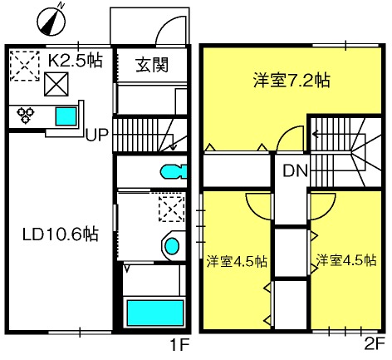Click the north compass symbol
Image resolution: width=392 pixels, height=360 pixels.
(x=51, y=21)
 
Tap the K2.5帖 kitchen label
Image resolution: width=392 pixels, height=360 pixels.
(x=76, y=61)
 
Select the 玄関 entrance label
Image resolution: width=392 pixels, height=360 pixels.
(x=152, y=66)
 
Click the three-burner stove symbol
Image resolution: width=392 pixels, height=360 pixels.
(x=26, y=115)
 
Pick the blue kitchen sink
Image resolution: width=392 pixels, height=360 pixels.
(x=66, y=116)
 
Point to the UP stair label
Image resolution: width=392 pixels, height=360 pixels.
(x=96, y=135)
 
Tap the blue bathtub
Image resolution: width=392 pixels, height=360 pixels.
(x=155, y=313)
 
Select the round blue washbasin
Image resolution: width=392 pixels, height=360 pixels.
(x=172, y=246)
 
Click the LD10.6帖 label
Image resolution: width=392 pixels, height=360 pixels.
(x=61, y=234)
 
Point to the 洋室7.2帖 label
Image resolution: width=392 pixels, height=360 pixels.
(x=292, y=80)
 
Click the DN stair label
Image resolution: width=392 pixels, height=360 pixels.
(x=295, y=170)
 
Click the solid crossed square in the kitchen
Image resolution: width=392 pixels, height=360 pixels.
(x=56, y=84)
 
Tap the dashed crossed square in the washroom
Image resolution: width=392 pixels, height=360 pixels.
(x=172, y=209)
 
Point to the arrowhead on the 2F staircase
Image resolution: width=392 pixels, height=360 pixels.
(x=315, y=135)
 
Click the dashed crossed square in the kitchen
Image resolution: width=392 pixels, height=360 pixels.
(x=24, y=66)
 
